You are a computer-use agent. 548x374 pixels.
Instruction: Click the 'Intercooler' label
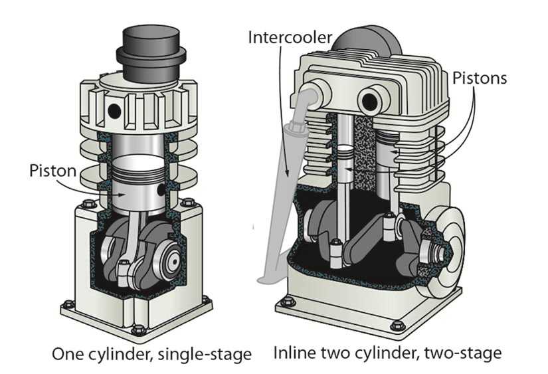[287, 35]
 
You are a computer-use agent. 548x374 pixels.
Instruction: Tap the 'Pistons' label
[479, 78]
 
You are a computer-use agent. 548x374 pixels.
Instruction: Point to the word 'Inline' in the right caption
[294, 353]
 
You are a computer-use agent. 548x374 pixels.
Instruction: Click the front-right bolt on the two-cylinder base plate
[397, 326]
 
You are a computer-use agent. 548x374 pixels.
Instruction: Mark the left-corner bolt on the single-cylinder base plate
[67, 305]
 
